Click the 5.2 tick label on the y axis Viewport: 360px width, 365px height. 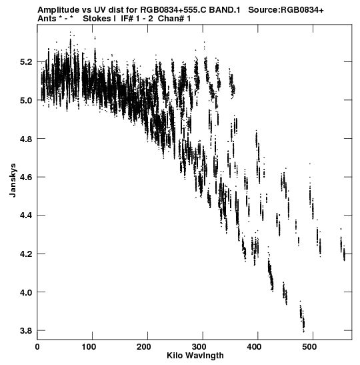click(x=26, y=62)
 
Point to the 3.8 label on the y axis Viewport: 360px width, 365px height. click(x=26, y=330)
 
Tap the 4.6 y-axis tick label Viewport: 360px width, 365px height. click(x=26, y=177)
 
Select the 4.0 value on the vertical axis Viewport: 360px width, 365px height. click(x=26, y=292)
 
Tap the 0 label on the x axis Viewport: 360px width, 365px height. click(x=37, y=347)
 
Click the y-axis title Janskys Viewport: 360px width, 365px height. click(x=13, y=180)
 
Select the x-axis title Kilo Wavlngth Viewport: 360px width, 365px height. click(x=195, y=356)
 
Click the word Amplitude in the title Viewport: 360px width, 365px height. click(x=58, y=10)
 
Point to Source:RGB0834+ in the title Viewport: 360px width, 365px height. click(x=286, y=10)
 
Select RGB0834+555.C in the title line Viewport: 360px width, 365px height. click(x=173, y=10)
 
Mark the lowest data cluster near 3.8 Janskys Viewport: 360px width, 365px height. click(x=302, y=317)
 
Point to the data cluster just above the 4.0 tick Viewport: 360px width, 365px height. click(x=285, y=294)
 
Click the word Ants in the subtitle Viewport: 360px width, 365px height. click(x=47, y=19)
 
